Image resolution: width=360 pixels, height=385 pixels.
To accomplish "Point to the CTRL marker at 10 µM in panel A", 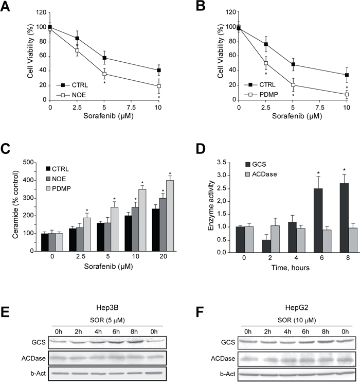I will [158, 70].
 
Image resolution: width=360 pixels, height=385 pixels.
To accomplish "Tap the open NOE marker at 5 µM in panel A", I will [104, 74].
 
